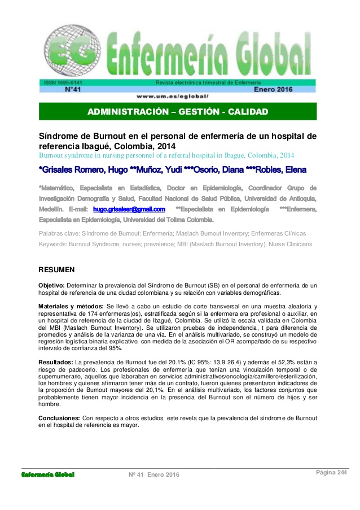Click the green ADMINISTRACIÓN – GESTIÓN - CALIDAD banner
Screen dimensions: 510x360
tap(178, 111)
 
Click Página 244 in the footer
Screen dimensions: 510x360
tap(331, 473)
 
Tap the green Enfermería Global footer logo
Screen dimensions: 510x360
tap(48, 474)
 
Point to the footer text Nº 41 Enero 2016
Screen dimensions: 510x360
tap(154, 474)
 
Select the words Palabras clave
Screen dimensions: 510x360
tap(58, 233)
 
